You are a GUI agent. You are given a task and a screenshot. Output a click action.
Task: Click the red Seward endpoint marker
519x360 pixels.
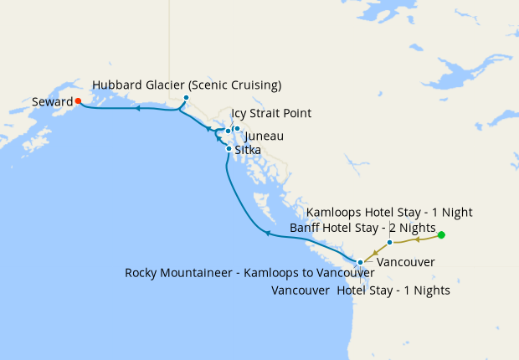78,101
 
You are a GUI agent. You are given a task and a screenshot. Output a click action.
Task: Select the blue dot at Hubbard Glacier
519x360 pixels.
186,98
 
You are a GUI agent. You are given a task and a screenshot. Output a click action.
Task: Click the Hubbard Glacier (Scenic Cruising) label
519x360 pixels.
187,85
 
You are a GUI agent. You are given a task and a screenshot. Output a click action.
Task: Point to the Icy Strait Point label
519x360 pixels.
271,113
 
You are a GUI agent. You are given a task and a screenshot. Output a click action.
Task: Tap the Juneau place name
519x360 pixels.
264,136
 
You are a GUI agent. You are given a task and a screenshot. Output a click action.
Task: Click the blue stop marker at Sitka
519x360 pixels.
229,149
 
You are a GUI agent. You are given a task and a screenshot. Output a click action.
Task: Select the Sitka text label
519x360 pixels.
248,150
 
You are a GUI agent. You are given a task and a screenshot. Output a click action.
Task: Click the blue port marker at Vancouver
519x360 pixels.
360,263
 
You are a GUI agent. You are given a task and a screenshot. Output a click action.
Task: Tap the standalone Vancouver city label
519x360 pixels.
405,263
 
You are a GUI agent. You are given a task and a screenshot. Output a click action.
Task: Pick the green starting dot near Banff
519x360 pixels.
441,235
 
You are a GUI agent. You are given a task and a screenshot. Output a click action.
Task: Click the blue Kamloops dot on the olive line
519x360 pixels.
390,243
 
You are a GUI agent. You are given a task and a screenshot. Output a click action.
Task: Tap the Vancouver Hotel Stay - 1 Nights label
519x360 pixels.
362,291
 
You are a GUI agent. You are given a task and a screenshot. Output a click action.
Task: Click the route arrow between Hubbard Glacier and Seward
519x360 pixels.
137,108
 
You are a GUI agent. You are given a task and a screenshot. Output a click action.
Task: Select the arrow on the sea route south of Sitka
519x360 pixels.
266,234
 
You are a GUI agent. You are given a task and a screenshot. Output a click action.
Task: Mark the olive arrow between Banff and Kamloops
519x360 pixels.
416,239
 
